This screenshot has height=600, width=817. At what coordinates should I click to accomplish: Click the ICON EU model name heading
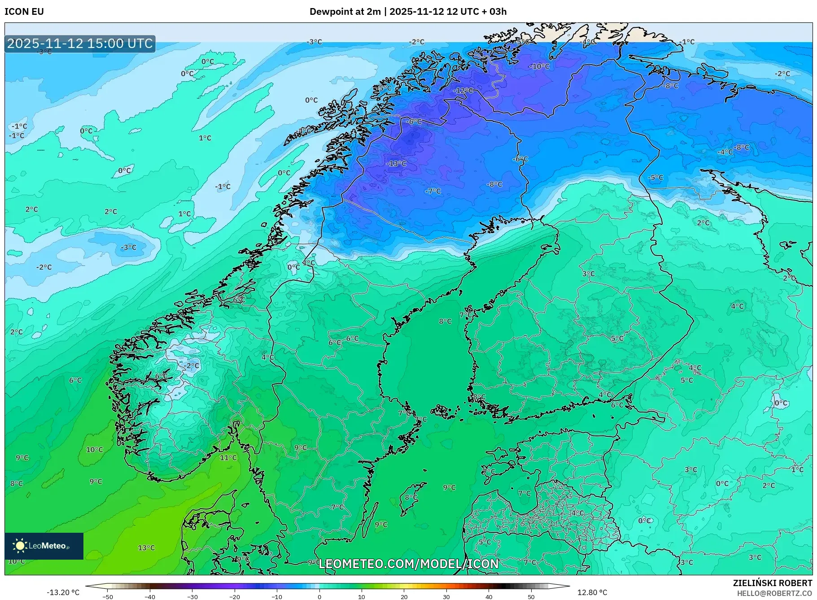click(x=24, y=12)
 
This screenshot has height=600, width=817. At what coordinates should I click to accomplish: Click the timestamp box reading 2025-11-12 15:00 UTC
click(x=80, y=43)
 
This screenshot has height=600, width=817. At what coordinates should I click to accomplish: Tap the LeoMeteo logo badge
click(x=44, y=546)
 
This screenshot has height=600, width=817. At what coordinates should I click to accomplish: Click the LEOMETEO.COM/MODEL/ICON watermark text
click(x=408, y=564)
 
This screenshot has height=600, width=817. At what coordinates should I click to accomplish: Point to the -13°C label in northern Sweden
click(x=396, y=164)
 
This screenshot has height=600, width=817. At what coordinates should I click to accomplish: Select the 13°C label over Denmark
click(x=146, y=548)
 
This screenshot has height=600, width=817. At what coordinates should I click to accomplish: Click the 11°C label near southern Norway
click(x=228, y=458)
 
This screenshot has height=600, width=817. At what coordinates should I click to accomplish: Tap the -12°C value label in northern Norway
click(x=463, y=91)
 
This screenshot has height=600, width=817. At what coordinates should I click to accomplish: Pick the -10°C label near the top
click(x=539, y=66)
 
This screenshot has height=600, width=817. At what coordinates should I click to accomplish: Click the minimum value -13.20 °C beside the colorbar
click(x=63, y=592)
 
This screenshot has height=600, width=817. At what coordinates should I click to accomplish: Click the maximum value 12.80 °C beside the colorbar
click(x=592, y=592)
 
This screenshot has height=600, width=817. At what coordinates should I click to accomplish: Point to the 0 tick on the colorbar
click(x=319, y=597)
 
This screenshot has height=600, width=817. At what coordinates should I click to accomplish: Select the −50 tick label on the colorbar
click(x=108, y=597)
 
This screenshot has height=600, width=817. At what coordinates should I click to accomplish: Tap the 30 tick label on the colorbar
click(x=446, y=597)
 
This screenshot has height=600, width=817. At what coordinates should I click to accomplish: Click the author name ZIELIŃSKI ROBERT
click(x=772, y=583)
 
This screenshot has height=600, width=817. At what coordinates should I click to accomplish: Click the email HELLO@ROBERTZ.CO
click(x=774, y=593)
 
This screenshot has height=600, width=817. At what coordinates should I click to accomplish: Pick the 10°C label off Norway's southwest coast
click(x=94, y=450)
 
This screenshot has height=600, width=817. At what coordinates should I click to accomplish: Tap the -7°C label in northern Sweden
click(x=433, y=191)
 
